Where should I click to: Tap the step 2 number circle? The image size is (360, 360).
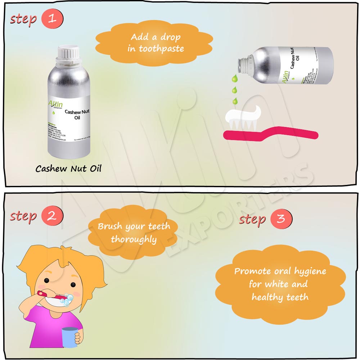point(52,216)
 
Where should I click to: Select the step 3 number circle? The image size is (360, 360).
point(281,219)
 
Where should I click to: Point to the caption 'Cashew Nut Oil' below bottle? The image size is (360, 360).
point(68,168)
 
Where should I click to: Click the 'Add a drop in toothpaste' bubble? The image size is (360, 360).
point(155,43)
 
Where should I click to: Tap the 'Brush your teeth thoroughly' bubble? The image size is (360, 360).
point(134,233)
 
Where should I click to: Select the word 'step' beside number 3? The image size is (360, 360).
point(252,219)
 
